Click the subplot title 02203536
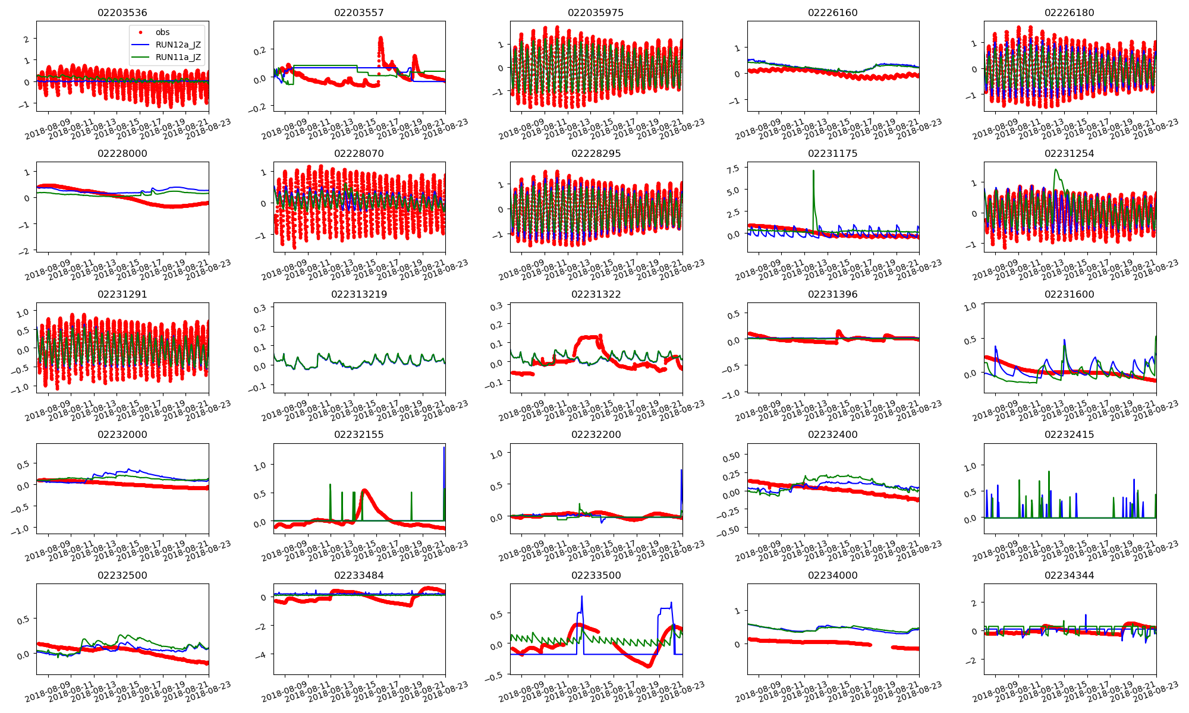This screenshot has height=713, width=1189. (122, 12)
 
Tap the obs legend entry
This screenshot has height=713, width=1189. (162, 32)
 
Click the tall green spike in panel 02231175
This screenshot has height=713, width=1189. (813, 172)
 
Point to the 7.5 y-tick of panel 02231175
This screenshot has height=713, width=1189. (733, 169)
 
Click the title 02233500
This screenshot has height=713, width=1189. (596, 575)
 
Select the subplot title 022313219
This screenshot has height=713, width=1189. (359, 294)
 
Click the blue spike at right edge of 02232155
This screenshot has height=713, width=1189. (444, 448)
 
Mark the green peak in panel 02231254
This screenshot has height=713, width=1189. (1056, 170)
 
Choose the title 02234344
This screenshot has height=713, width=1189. (1069, 575)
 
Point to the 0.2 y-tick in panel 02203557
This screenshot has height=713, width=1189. (260, 51)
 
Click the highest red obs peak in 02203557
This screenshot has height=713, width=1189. (380, 39)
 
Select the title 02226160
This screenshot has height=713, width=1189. (832, 12)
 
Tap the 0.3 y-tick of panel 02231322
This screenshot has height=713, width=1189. (496, 306)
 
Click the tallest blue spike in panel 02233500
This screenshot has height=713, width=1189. (581, 597)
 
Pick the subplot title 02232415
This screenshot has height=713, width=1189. (1069, 434)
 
